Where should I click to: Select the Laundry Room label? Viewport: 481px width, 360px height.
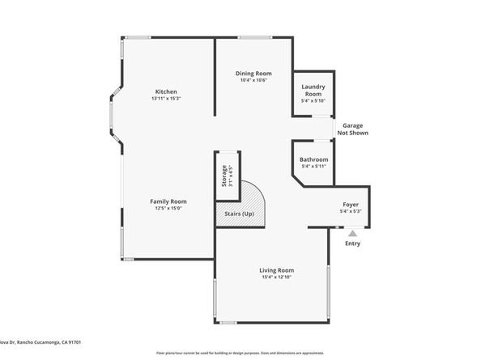313,90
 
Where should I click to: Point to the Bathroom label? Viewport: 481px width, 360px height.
313,159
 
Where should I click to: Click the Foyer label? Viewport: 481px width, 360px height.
351,205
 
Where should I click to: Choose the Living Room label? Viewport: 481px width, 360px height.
276,270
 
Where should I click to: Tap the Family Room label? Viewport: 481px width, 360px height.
168,201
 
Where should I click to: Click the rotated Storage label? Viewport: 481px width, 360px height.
224,176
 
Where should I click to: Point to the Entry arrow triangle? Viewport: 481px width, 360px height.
352,233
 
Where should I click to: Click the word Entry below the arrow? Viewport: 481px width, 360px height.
353,244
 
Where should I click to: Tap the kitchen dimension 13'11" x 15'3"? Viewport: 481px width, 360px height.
165,99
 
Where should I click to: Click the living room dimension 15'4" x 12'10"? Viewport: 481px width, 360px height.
276,277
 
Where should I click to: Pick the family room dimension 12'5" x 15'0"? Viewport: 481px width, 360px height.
168,208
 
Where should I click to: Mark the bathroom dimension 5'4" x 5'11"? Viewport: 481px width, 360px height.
313,167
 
